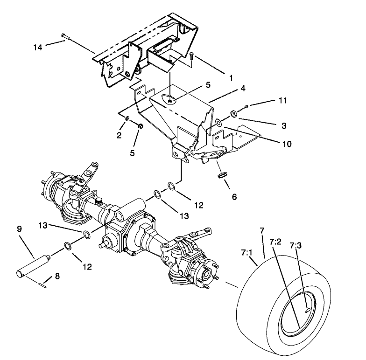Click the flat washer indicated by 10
218,123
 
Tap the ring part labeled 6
223,175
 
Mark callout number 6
234,196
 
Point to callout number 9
19,229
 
